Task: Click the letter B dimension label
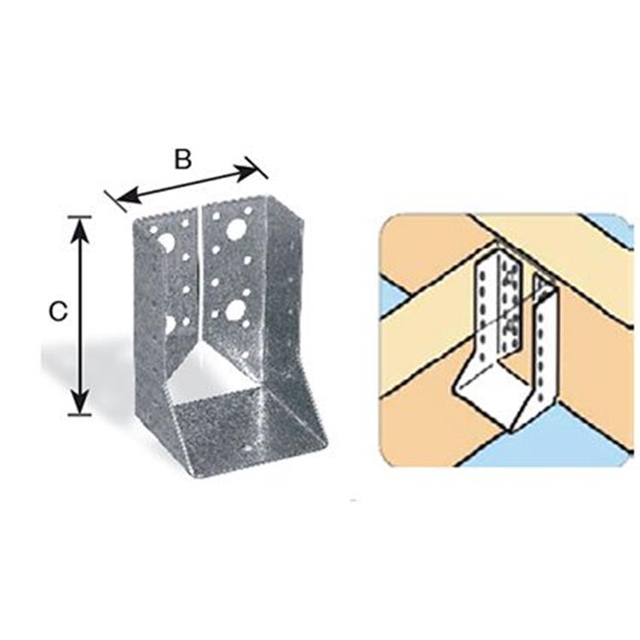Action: [183, 160]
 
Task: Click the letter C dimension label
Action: [57, 311]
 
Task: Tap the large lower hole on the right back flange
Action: [234, 310]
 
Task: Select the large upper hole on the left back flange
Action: [167, 241]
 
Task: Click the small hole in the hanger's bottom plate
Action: [247, 448]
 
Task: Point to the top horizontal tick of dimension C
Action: [79, 217]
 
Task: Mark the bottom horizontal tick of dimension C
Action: [79, 415]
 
